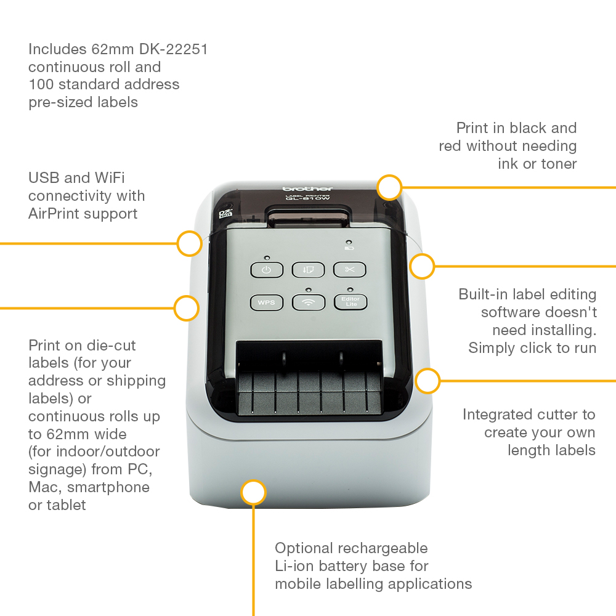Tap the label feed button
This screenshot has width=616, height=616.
(308, 270)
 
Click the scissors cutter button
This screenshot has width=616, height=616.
(350, 270)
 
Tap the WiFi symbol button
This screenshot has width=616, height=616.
(308, 302)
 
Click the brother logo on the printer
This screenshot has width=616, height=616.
(307, 188)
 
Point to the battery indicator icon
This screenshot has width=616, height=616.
(349, 248)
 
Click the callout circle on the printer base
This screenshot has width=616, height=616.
(253, 493)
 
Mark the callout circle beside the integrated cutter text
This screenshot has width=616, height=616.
(428, 381)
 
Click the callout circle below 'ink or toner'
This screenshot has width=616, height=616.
(389, 187)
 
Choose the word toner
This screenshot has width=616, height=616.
(557, 164)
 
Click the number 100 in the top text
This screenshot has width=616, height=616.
(41, 84)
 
